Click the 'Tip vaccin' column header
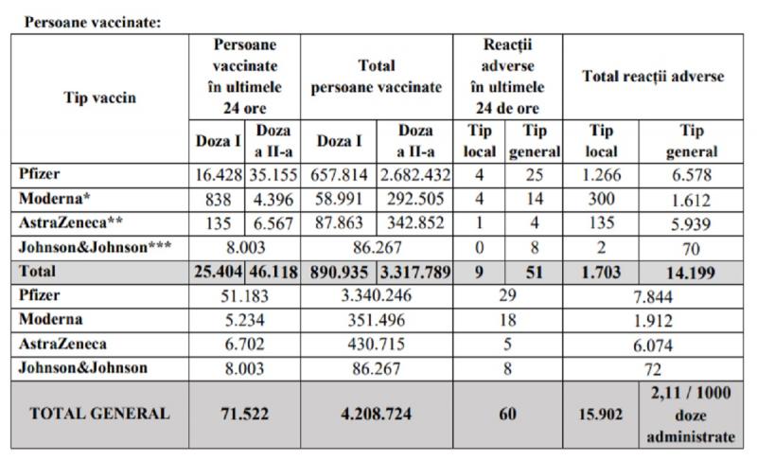click(99, 98)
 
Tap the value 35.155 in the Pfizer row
click(273, 175)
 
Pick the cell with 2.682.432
click(416, 175)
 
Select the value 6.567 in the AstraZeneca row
click(273, 223)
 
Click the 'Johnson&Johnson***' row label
click(84, 248)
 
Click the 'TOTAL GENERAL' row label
click(99, 413)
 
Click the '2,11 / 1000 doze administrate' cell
click(692, 413)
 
